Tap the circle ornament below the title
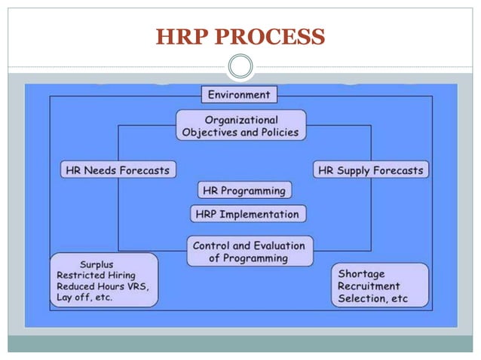tap(240, 67)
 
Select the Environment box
tap(240, 95)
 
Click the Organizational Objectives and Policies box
tap(241, 126)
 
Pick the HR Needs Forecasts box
tap(117, 170)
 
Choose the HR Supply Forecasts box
tap(371, 170)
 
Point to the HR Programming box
tap(244, 191)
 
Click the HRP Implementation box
tap(247, 214)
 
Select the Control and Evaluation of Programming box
tap(249, 252)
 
